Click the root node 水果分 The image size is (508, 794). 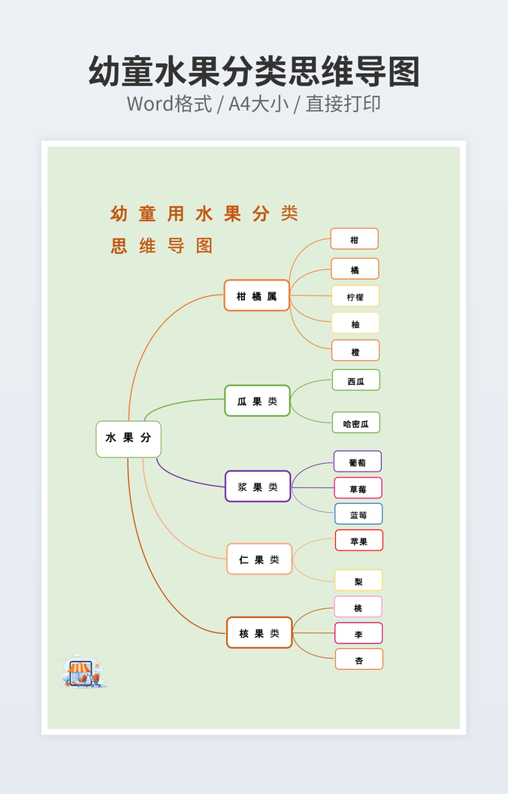[129, 438]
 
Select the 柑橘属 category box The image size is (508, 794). [256, 295]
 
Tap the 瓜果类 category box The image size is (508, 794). [257, 401]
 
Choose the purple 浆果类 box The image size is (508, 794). [258, 486]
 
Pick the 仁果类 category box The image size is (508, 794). [259, 559]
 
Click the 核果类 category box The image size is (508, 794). [259, 633]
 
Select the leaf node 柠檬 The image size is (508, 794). [355, 296]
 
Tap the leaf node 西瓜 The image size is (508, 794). [356, 380]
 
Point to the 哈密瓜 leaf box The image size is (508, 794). [356, 423]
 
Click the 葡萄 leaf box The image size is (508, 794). [358, 462]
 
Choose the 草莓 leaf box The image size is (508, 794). [358, 488]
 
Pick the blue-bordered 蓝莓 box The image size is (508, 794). [358, 514]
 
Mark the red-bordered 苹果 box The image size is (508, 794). [359, 541]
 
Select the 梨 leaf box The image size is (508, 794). [358, 580]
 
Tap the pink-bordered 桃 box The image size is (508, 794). [358, 607]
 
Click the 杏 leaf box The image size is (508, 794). [358, 659]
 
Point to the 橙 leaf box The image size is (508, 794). [355, 350]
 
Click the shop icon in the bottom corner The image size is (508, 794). [82, 671]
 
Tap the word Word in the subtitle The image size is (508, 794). [150, 103]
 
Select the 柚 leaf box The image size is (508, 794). [355, 323]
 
